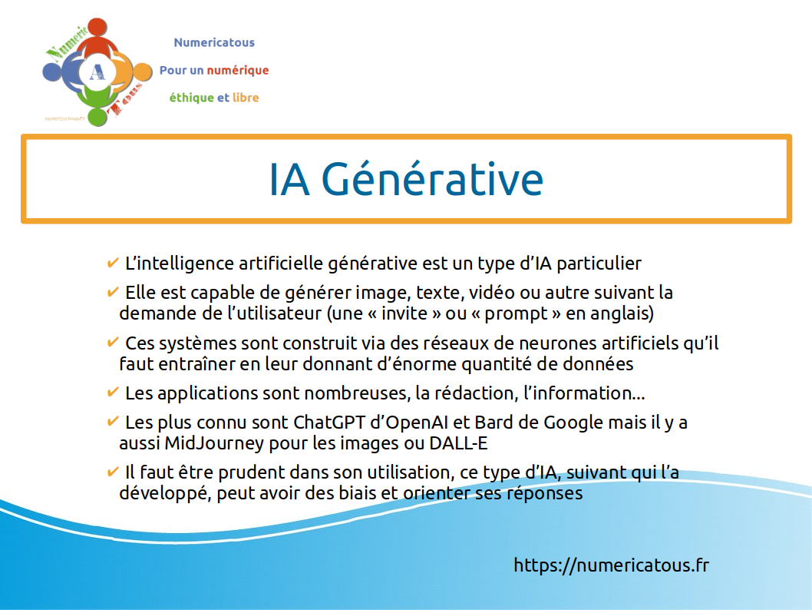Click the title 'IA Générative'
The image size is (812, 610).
[406, 179]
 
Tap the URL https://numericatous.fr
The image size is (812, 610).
[611, 565]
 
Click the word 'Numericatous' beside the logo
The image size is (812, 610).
[214, 42]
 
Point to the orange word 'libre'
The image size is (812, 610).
[246, 98]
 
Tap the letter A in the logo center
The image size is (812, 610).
[97, 72]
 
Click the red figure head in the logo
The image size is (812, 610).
[97, 28]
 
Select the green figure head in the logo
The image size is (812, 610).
[97, 117]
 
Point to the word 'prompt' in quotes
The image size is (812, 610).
[516, 314]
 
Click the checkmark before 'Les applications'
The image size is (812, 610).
[112, 392]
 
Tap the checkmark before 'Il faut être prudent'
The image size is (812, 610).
[112, 471]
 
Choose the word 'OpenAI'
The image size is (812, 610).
[409, 423]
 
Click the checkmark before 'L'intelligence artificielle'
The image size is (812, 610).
[112, 262]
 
